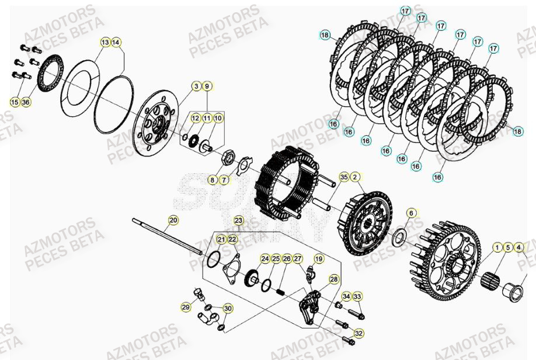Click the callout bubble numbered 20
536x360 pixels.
173,220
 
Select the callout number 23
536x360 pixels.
238,220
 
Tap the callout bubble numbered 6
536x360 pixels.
411,213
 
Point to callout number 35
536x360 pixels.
344,177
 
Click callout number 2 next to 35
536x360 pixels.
355,177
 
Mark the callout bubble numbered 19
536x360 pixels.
319,258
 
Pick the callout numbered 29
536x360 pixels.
186,307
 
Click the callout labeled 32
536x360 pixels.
359,333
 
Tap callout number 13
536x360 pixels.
105,43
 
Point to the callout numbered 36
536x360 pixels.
26,102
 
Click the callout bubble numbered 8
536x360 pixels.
213,180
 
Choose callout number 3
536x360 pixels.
196,86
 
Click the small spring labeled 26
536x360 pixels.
280,287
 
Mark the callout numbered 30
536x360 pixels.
227,309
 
